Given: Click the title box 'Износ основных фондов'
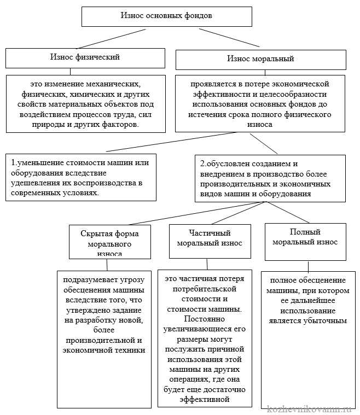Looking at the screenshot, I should pyautogui.click(x=166, y=16).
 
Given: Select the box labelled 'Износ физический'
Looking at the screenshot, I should pyautogui.click(x=85, y=57).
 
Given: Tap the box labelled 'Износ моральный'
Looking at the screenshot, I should pyautogui.click(x=260, y=59).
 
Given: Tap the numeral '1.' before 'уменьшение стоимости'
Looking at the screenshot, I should pyautogui.click(x=14, y=163).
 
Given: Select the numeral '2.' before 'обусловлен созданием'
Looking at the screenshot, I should pyautogui.click(x=204, y=163).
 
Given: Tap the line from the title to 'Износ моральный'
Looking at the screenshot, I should pyautogui.click(x=230, y=37).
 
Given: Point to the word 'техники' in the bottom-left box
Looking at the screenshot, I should pyautogui.click(x=131, y=350).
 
